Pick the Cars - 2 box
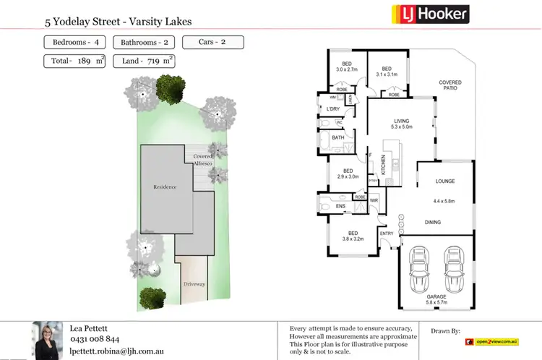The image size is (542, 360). (x=213, y=42)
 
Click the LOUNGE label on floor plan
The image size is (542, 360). (x=444, y=181)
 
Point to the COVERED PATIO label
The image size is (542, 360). (x=449, y=85)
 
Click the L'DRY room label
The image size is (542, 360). (x=333, y=109)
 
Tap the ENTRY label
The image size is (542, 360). (x=387, y=233)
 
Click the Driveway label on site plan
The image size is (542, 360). (x=194, y=284)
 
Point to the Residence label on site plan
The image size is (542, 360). (x=165, y=187)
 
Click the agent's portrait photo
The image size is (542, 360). (x=48, y=339)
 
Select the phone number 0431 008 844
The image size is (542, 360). (x=94, y=338)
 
